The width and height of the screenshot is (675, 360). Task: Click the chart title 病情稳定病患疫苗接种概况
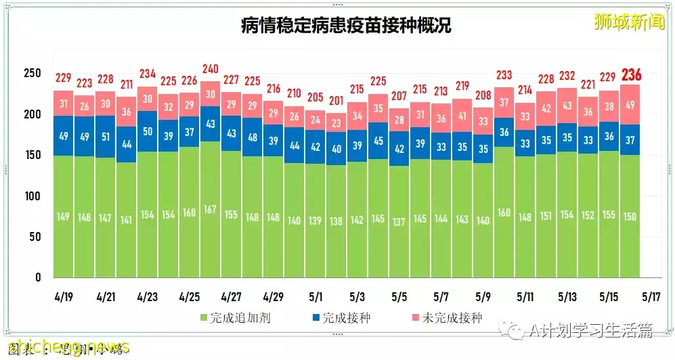[346, 26]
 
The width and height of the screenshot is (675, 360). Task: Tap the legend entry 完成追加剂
[234, 317]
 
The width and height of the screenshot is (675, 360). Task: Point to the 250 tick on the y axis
[32, 74]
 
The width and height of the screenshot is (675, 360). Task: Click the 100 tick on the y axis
[32, 196]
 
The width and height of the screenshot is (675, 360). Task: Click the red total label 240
[211, 68]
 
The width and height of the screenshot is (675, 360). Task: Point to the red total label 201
[336, 100]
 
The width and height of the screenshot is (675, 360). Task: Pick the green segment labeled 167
[211, 209]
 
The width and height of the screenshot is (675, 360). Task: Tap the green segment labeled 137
[399, 221]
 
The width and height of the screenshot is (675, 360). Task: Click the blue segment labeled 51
[106, 136]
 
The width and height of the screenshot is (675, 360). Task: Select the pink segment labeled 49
[630, 104]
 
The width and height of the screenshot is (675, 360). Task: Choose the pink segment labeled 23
[336, 122]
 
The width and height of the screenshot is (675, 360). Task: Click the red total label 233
[504, 75]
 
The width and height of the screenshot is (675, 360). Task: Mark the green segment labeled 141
[127, 219]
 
